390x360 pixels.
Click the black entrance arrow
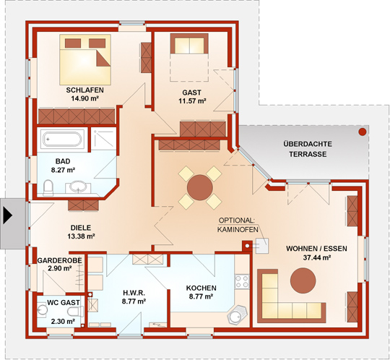pyautogui.click(x=8, y=215)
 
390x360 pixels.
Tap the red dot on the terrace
pyautogui.click(x=363, y=132)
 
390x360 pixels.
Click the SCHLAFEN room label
pyautogui.click(x=84, y=90)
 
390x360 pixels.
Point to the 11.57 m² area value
pyautogui.click(x=192, y=101)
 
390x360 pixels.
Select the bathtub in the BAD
pyautogui.click(x=62, y=139)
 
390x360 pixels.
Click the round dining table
pyautogui.click(x=200, y=187)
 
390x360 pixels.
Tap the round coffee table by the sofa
pyautogui.click(x=303, y=280)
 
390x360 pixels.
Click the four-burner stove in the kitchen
pyautogui.click(x=242, y=282)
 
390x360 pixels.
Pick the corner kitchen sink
pyautogui.click(x=237, y=315)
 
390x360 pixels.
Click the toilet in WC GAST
pyautogui.click(x=75, y=312)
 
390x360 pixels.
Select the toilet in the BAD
pyautogui.click(x=48, y=188)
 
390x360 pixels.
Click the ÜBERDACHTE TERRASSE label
pyautogui.click(x=308, y=149)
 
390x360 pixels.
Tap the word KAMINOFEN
pyautogui.click(x=238, y=229)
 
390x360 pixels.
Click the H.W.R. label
pyautogui.click(x=134, y=292)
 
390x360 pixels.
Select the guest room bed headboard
pyautogui.click(x=189, y=43)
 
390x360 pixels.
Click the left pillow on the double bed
pyautogui.click(x=73, y=43)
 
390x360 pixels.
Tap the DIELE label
pyautogui.click(x=81, y=228)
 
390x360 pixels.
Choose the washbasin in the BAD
pyautogui.click(x=78, y=187)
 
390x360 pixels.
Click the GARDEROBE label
pyautogui.click(x=59, y=260)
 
